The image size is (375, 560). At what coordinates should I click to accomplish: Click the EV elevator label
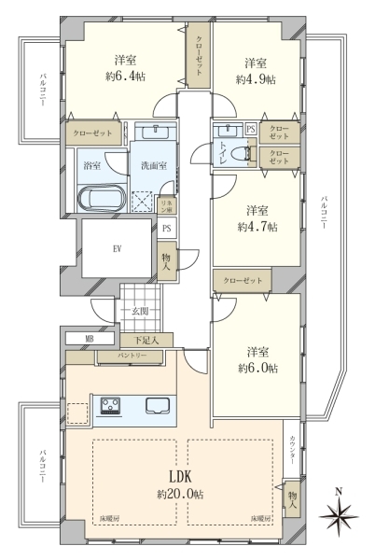(x=117, y=249)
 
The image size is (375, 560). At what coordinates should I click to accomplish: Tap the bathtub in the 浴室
(x=102, y=199)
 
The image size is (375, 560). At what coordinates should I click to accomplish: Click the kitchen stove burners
(x=110, y=406)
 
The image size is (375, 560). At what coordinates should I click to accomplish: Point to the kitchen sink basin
(x=158, y=406)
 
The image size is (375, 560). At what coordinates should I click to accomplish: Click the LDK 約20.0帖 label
(x=180, y=484)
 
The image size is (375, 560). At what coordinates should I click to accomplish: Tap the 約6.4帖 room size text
(x=125, y=77)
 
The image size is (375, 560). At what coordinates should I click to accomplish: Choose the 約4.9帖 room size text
(x=256, y=79)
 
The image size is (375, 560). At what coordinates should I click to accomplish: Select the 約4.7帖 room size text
(x=257, y=227)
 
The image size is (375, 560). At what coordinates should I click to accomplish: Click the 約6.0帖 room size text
(x=257, y=368)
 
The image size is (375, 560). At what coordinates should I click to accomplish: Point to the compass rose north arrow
(x=339, y=514)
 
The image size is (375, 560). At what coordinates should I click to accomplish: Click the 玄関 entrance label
(x=140, y=311)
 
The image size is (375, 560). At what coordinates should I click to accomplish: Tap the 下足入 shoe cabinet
(x=146, y=341)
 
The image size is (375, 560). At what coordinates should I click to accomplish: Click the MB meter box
(x=90, y=339)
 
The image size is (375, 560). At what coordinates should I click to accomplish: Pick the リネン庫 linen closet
(x=167, y=206)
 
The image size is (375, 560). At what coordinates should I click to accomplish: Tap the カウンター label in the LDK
(x=292, y=450)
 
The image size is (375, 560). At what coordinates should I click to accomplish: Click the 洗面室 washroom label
(x=154, y=165)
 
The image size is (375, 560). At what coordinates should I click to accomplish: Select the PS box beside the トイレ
(x=251, y=129)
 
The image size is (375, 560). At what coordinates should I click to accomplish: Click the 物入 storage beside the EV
(x=167, y=261)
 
